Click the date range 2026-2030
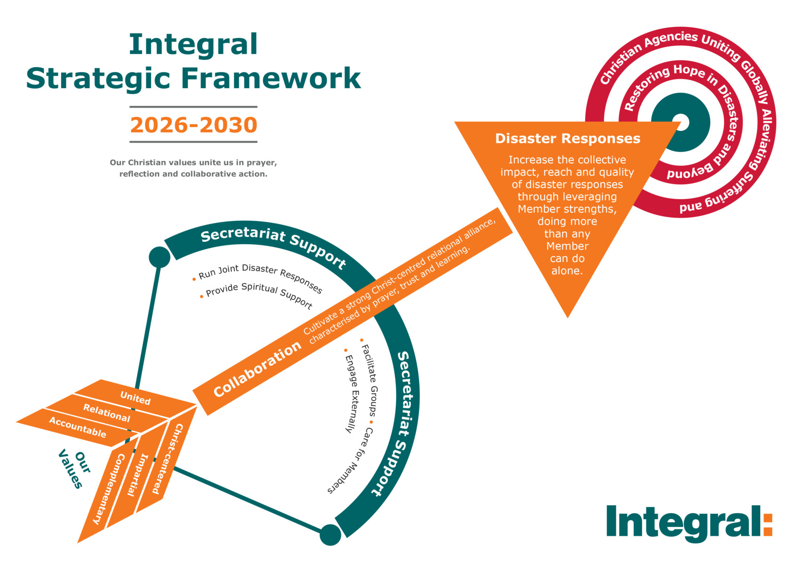194,125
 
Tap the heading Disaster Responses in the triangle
567,138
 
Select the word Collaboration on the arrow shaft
257,369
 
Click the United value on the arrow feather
135,398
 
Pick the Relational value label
106,413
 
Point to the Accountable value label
78,428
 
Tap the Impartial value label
137,475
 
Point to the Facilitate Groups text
369,380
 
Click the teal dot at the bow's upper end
159,257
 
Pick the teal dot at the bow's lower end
330,535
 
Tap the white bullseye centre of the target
681,122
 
